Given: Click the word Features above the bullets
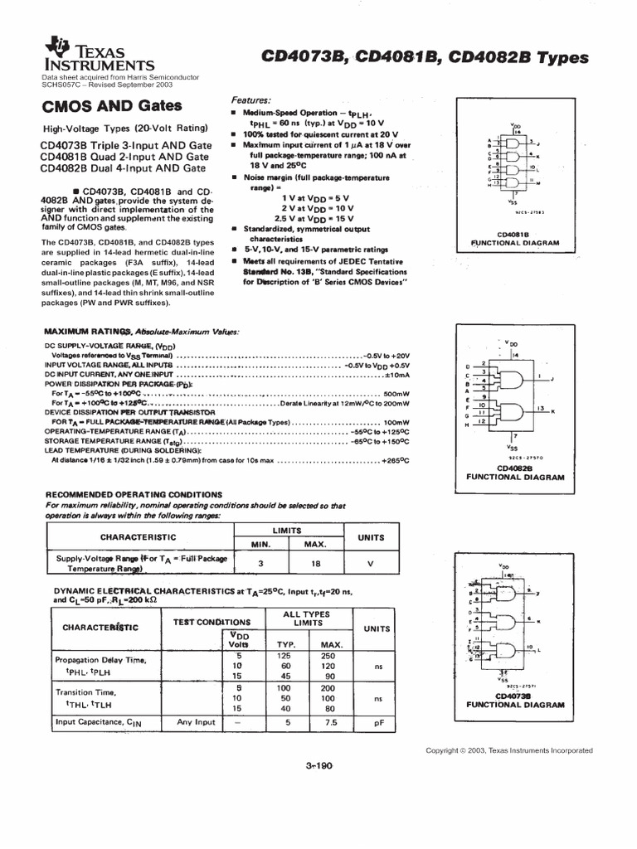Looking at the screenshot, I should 251,98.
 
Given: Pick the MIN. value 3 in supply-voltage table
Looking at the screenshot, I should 261,563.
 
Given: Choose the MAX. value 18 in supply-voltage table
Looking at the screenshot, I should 314,563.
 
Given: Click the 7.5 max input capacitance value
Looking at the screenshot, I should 331,722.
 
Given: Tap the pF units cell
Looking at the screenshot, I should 377,722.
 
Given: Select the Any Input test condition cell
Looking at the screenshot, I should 197,722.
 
